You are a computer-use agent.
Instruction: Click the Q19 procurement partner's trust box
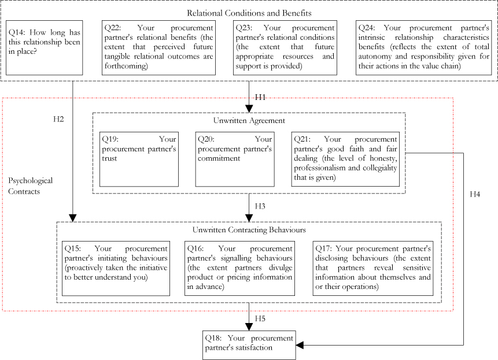[x=138, y=159]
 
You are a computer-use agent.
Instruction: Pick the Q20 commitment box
[x=234, y=159]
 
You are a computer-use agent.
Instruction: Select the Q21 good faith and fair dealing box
[x=345, y=159]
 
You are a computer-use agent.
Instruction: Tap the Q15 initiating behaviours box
[x=116, y=268]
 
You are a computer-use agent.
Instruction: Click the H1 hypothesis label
[x=260, y=97]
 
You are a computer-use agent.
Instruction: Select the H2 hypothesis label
[x=59, y=120]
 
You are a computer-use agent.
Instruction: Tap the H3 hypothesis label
[x=260, y=206]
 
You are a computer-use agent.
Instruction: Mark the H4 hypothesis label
[x=474, y=194]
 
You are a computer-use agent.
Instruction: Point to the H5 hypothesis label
[x=260, y=319]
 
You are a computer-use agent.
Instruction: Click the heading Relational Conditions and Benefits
[x=249, y=12]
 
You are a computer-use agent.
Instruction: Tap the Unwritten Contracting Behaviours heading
[x=249, y=229]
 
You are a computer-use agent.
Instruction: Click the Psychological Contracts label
[x=30, y=185]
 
